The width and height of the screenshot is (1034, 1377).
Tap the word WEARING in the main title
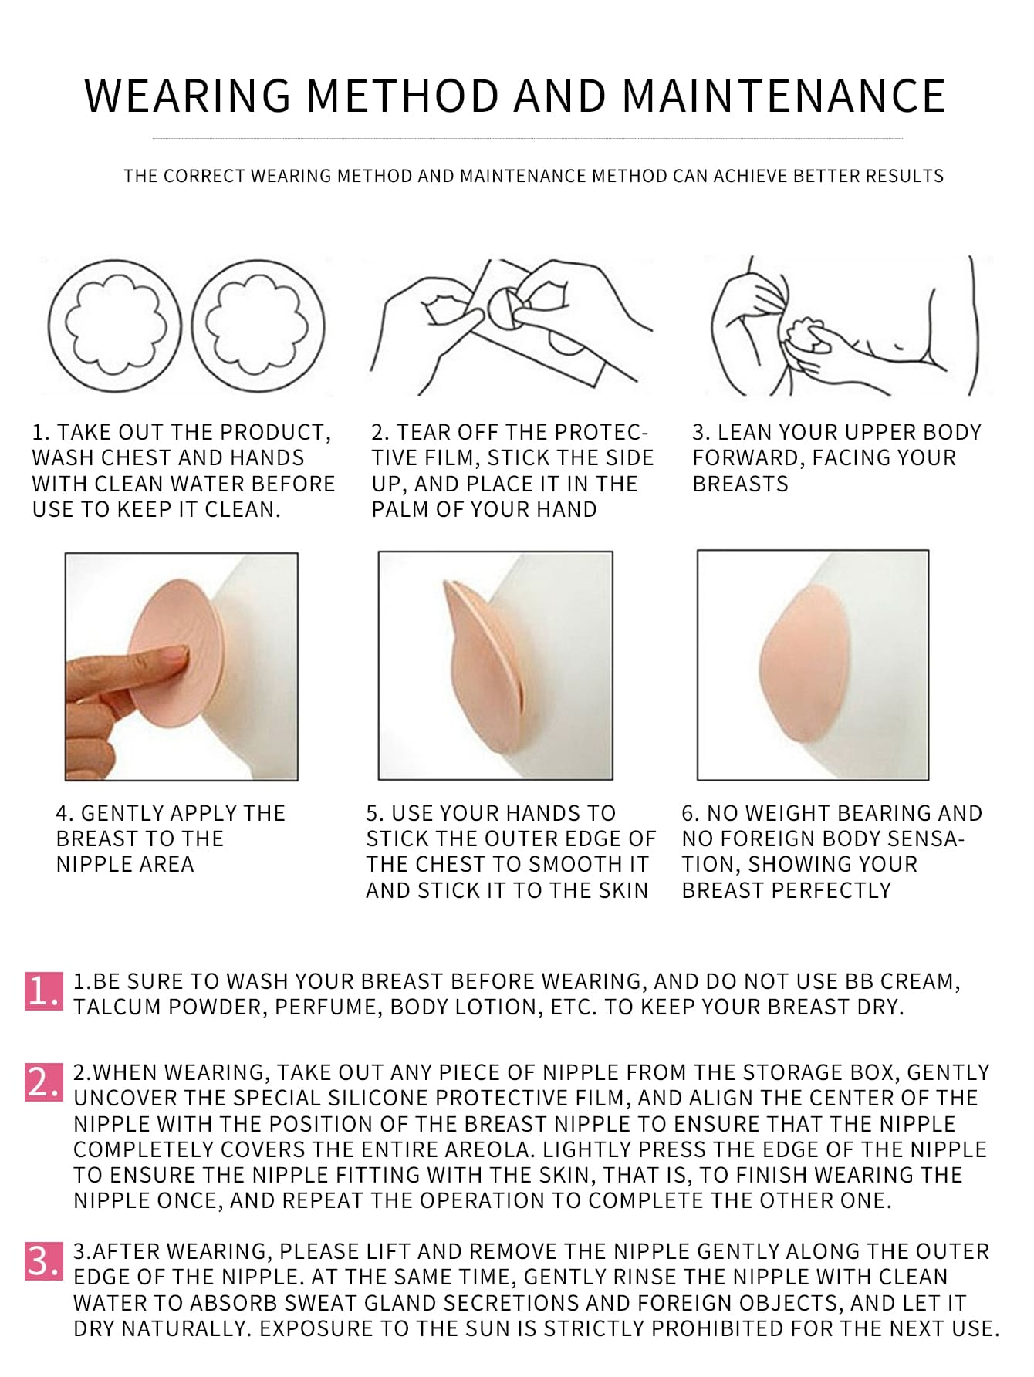(x=188, y=96)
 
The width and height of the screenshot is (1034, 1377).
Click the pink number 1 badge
(x=43, y=991)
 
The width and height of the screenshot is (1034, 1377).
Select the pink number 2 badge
(x=43, y=1082)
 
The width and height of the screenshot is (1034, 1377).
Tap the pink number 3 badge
(x=43, y=1261)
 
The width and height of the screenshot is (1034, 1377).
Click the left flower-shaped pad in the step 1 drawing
(x=114, y=324)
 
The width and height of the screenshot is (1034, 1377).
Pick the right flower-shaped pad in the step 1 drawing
(x=258, y=324)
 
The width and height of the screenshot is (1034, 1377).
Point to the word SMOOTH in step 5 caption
(x=561, y=865)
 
